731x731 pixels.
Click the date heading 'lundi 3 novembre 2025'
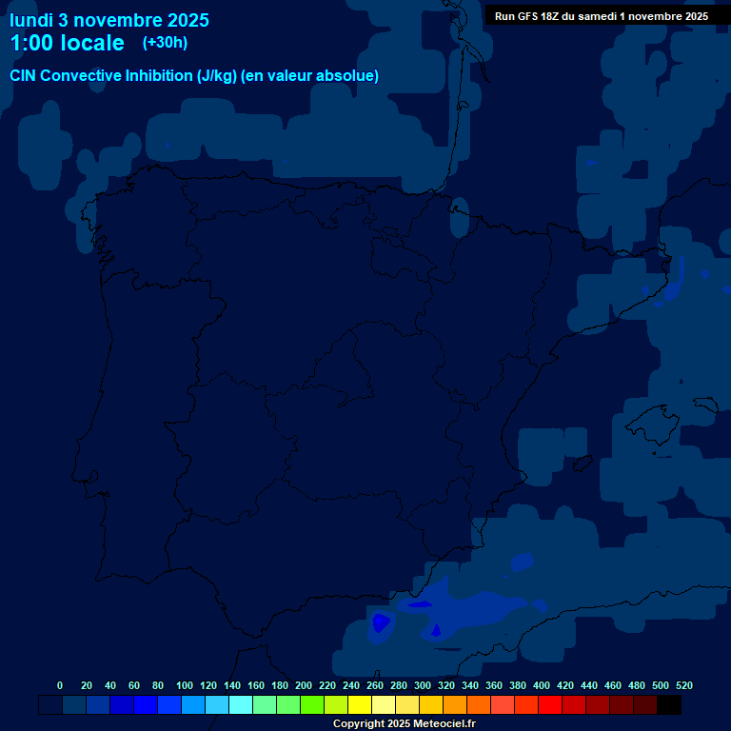click(109, 20)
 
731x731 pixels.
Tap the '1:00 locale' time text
click(67, 43)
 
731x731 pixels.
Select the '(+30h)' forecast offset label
click(165, 43)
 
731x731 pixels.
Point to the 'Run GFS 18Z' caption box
click(601, 15)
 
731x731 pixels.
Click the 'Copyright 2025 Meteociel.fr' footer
click(404, 723)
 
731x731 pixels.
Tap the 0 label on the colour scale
click(60, 685)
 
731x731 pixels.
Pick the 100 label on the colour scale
click(185, 685)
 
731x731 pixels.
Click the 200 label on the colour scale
click(304, 685)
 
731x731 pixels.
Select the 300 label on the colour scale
click(423, 685)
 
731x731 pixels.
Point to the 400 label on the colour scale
click(542, 685)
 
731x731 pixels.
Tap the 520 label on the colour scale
click(683, 685)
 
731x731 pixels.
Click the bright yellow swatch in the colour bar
click(360, 705)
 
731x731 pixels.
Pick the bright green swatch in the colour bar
click(312, 705)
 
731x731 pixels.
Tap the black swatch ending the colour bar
click(669, 705)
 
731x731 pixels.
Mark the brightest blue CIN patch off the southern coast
click(381, 622)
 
